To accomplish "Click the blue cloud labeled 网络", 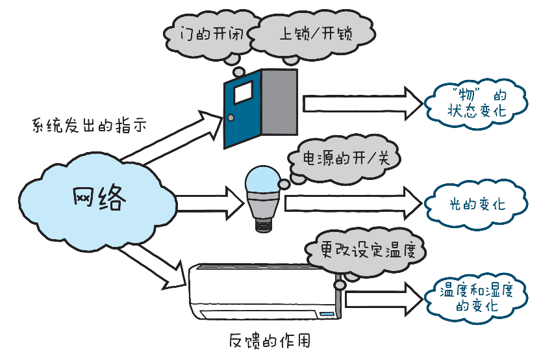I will coord(97,196).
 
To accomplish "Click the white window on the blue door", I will coord(243,93).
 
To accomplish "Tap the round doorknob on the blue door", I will coord(230,118).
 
